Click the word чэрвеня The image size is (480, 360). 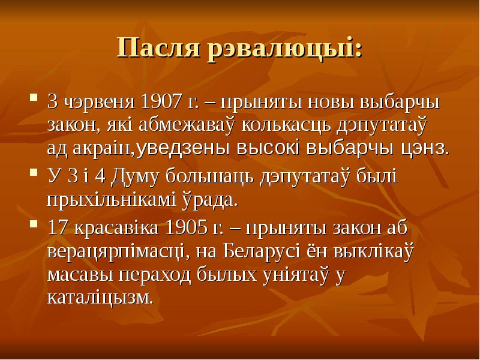[100, 103]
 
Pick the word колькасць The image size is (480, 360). [287, 125]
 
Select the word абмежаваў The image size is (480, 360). [187, 124]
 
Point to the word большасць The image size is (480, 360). [209, 178]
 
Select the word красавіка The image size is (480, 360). [116, 229]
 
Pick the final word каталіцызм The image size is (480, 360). [100, 297]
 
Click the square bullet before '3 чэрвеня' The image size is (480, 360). [34, 98]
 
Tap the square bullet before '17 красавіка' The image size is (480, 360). [34, 224]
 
